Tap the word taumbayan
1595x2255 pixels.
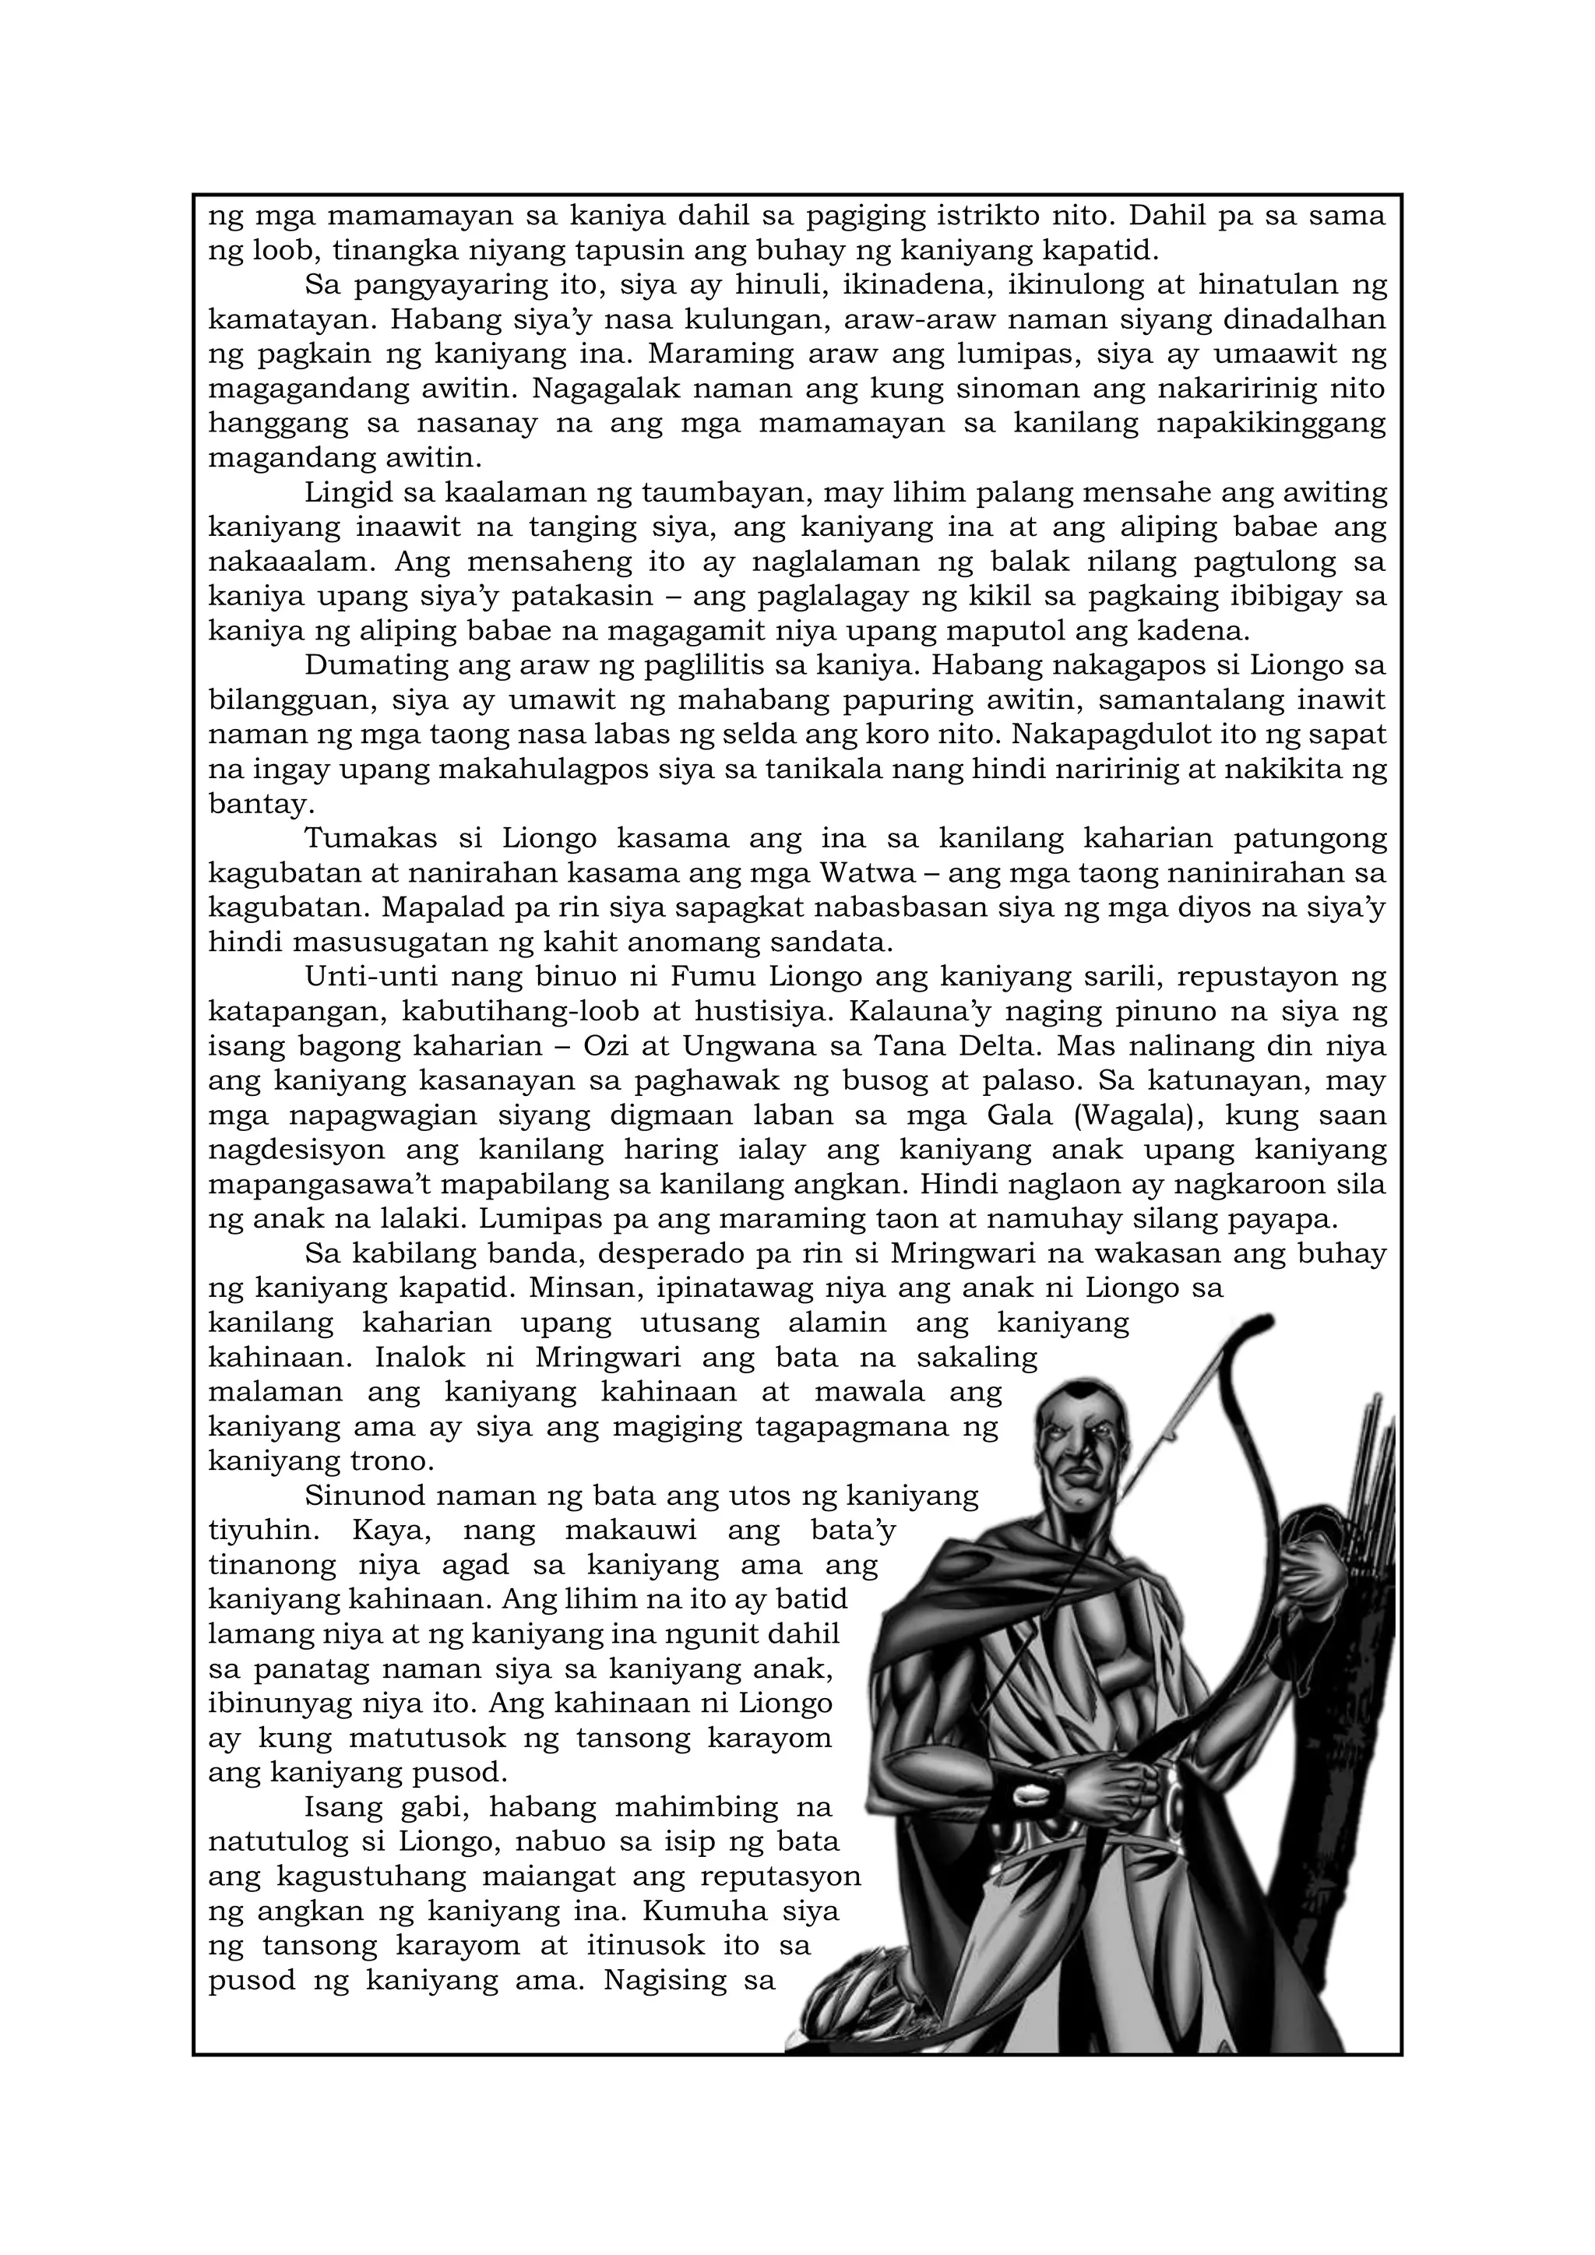(x=724, y=492)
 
